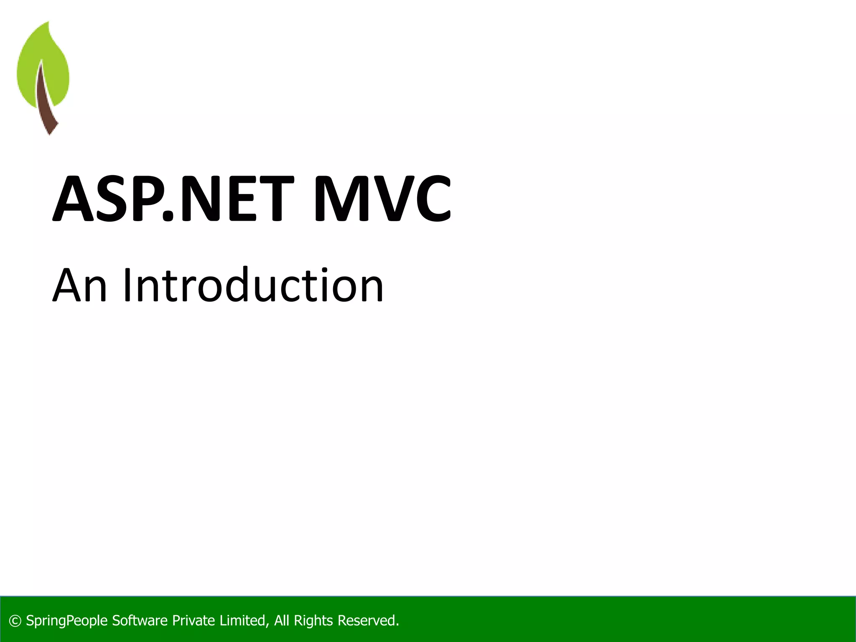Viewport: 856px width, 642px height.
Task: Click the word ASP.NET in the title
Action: (x=173, y=199)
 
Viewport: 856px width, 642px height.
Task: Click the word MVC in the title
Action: (x=382, y=199)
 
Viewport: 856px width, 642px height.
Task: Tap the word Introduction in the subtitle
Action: (x=253, y=285)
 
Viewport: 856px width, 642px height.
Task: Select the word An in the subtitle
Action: (x=80, y=285)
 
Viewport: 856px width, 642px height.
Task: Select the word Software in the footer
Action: (x=140, y=621)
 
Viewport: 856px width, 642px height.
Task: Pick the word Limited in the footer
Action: (x=244, y=621)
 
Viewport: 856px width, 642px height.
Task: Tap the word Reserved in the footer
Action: (x=367, y=621)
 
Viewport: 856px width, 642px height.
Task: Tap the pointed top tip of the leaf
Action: (x=48, y=23)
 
